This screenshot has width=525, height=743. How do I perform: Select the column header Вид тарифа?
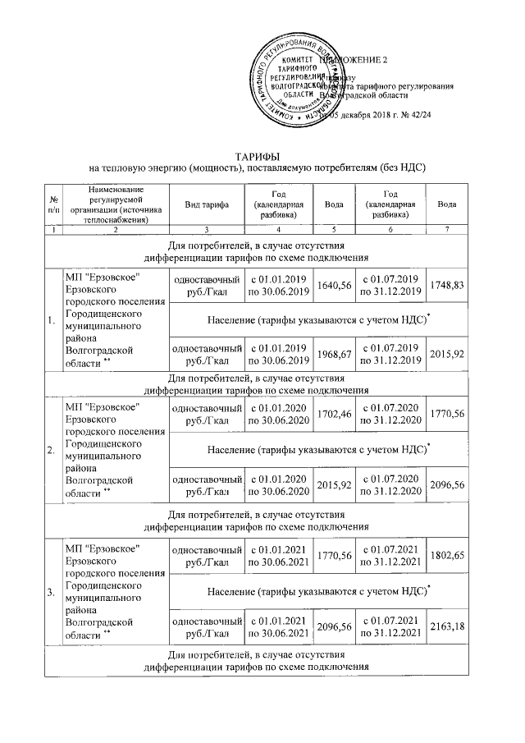point(206,204)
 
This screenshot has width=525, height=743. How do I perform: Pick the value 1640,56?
point(334,284)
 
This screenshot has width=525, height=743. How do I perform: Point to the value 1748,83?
point(446,284)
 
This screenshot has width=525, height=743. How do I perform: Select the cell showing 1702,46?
point(334,420)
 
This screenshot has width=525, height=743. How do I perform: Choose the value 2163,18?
point(446,627)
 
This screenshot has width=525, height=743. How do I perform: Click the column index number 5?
point(334,229)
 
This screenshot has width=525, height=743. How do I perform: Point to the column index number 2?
point(115,229)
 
